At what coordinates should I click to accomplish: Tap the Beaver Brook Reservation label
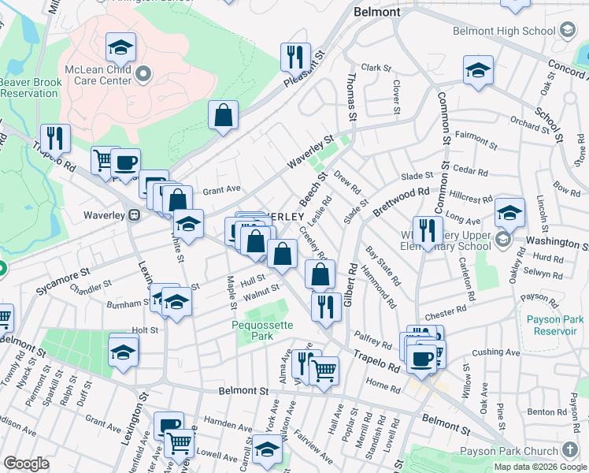(29, 88)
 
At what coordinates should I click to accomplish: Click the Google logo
(26, 464)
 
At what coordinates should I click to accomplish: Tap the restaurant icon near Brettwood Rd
(428, 230)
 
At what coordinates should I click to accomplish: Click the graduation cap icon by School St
(478, 70)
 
